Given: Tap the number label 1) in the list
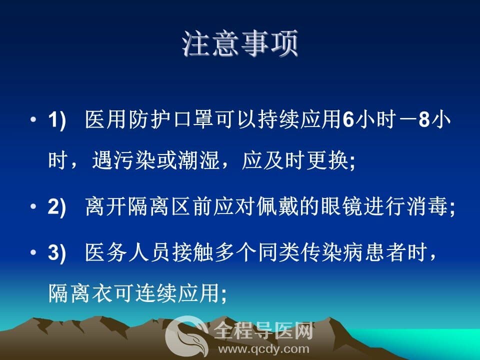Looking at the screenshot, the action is click(x=57, y=119).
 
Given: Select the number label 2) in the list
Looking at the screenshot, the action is click(x=57, y=207).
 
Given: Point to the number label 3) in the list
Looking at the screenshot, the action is click(x=57, y=253).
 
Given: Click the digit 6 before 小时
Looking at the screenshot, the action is click(x=348, y=119).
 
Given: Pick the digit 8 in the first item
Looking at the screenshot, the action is click(x=424, y=119).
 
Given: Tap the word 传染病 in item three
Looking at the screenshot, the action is click(x=331, y=253).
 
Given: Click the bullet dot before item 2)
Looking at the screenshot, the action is click(x=33, y=206).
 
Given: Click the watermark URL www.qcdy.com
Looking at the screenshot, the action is click(x=263, y=349).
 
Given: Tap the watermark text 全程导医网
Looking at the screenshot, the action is click(x=263, y=331).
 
